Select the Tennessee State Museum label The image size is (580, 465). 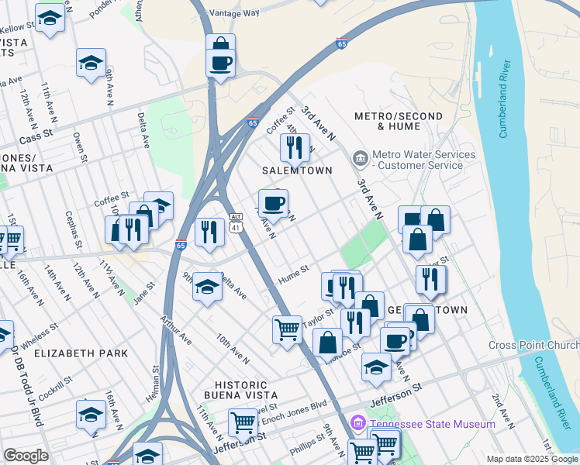pyautogui.click(x=432, y=424)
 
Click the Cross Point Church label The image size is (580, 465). pyautogui.click(x=533, y=345)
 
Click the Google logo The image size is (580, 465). pyautogui.click(x=26, y=455)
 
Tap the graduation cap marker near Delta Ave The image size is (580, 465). pyautogui.click(x=207, y=288)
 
